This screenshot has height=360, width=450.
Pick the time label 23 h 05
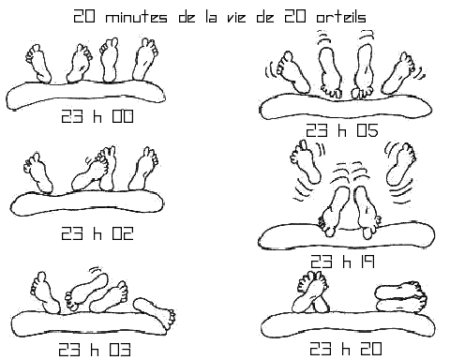(340, 130)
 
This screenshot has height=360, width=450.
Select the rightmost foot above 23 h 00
(145, 59)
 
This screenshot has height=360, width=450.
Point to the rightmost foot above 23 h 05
(402, 71)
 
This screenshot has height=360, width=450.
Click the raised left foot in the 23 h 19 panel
(304, 162)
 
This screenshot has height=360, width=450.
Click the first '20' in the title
(85, 17)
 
